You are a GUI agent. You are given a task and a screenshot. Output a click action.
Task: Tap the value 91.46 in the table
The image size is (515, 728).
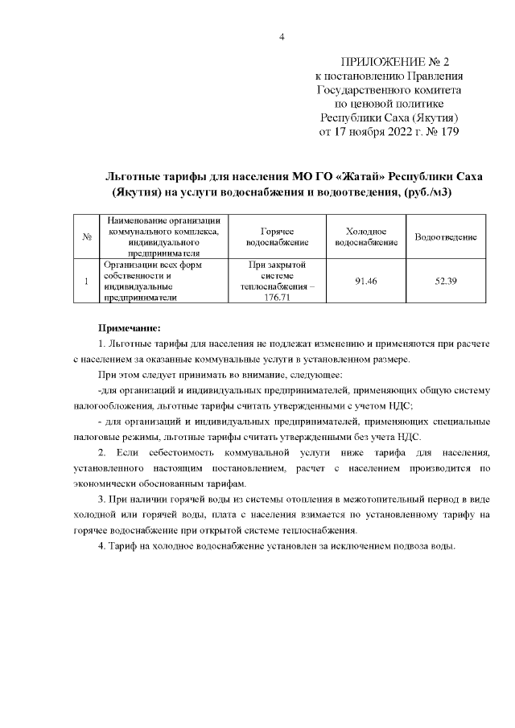pos(367,280)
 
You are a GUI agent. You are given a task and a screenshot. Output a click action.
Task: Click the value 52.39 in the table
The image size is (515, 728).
pos(445,280)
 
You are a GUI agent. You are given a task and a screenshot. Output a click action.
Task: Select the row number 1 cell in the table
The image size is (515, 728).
pos(85,280)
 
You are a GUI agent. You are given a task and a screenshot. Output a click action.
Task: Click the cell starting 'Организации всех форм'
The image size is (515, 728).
pos(153,264)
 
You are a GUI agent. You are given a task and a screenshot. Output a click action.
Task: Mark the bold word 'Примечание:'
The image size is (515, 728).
pos(130,327)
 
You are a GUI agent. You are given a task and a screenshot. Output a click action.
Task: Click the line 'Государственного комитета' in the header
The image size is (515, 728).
pos(389,90)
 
